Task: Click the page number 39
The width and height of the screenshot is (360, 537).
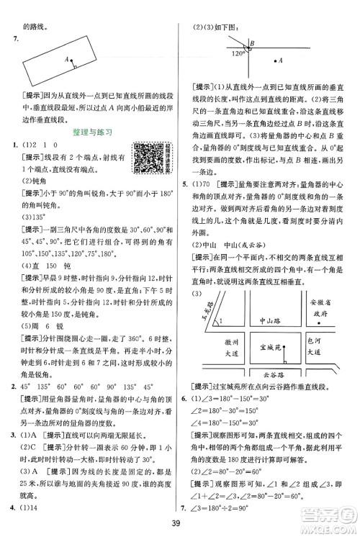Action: pyautogui.click(x=180, y=522)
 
